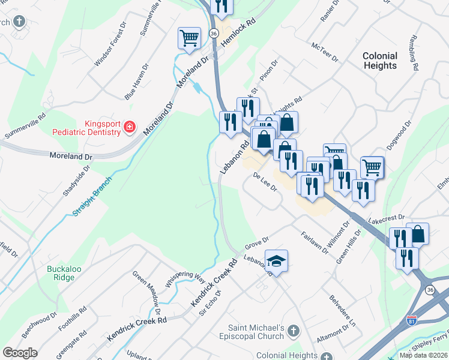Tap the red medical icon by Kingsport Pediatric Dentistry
[x=129, y=127]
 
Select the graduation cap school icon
[x=276, y=261]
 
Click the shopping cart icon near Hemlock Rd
[x=189, y=38]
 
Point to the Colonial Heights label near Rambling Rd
[x=380, y=61]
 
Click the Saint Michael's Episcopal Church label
[x=256, y=332]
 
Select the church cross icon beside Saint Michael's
[x=293, y=331]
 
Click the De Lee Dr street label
[x=264, y=182]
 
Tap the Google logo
[x=20, y=353]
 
